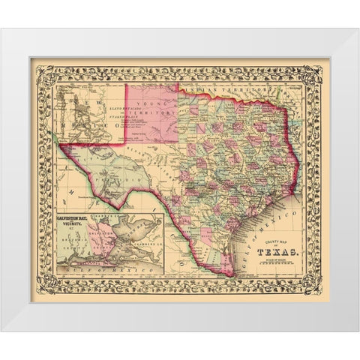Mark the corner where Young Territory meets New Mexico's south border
(x=124, y=143)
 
